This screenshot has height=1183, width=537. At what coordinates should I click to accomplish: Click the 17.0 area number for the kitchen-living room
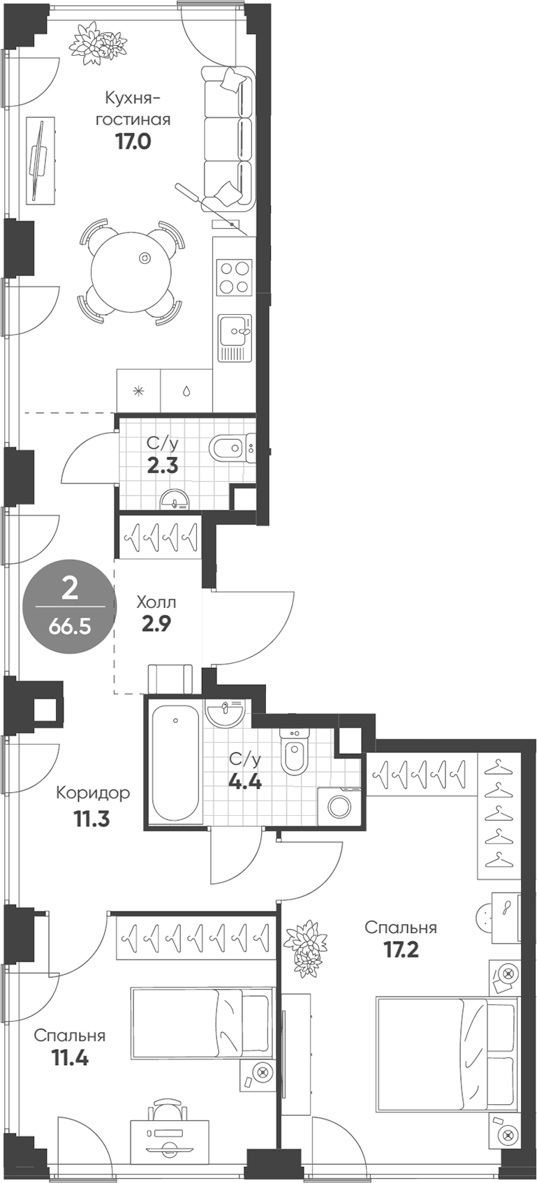[133, 142]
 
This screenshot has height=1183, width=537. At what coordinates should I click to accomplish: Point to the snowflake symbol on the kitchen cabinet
[138, 392]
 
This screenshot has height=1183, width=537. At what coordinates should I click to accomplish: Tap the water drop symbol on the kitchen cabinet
[186, 392]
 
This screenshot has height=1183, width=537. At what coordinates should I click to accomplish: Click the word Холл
[156, 602]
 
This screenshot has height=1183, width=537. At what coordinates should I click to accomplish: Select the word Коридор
[92, 793]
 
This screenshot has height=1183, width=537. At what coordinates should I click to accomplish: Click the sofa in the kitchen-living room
[228, 138]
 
